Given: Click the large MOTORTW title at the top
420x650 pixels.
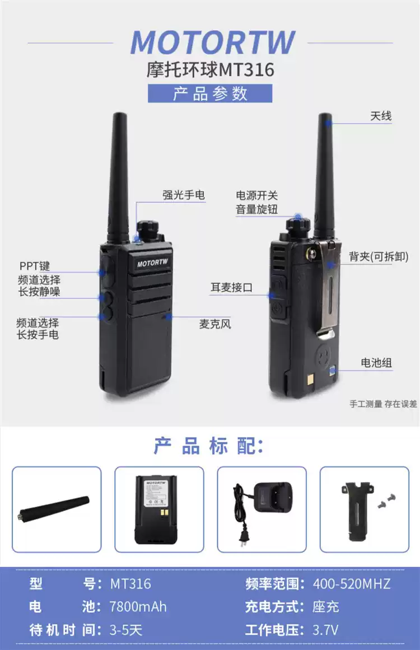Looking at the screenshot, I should (x=212, y=43).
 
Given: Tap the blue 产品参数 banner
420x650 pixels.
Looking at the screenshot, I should (x=210, y=93).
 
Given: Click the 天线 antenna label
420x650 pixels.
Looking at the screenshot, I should (x=381, y=116).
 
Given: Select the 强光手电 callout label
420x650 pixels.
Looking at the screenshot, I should (x=184, y=195).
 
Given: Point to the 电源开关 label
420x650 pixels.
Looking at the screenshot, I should (x=256, y=196).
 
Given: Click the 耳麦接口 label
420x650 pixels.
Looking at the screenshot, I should (x=231, y=288).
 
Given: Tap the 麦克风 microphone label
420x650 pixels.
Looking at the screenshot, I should (x=215, y=324).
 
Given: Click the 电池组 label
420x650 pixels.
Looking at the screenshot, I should (x=376, y=363).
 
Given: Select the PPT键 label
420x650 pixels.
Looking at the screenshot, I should (x=34, y=266).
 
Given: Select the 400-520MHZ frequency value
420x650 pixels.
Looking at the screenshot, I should (x=351, y=584).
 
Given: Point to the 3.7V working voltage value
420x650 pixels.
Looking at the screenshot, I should (x=325, y=630).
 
